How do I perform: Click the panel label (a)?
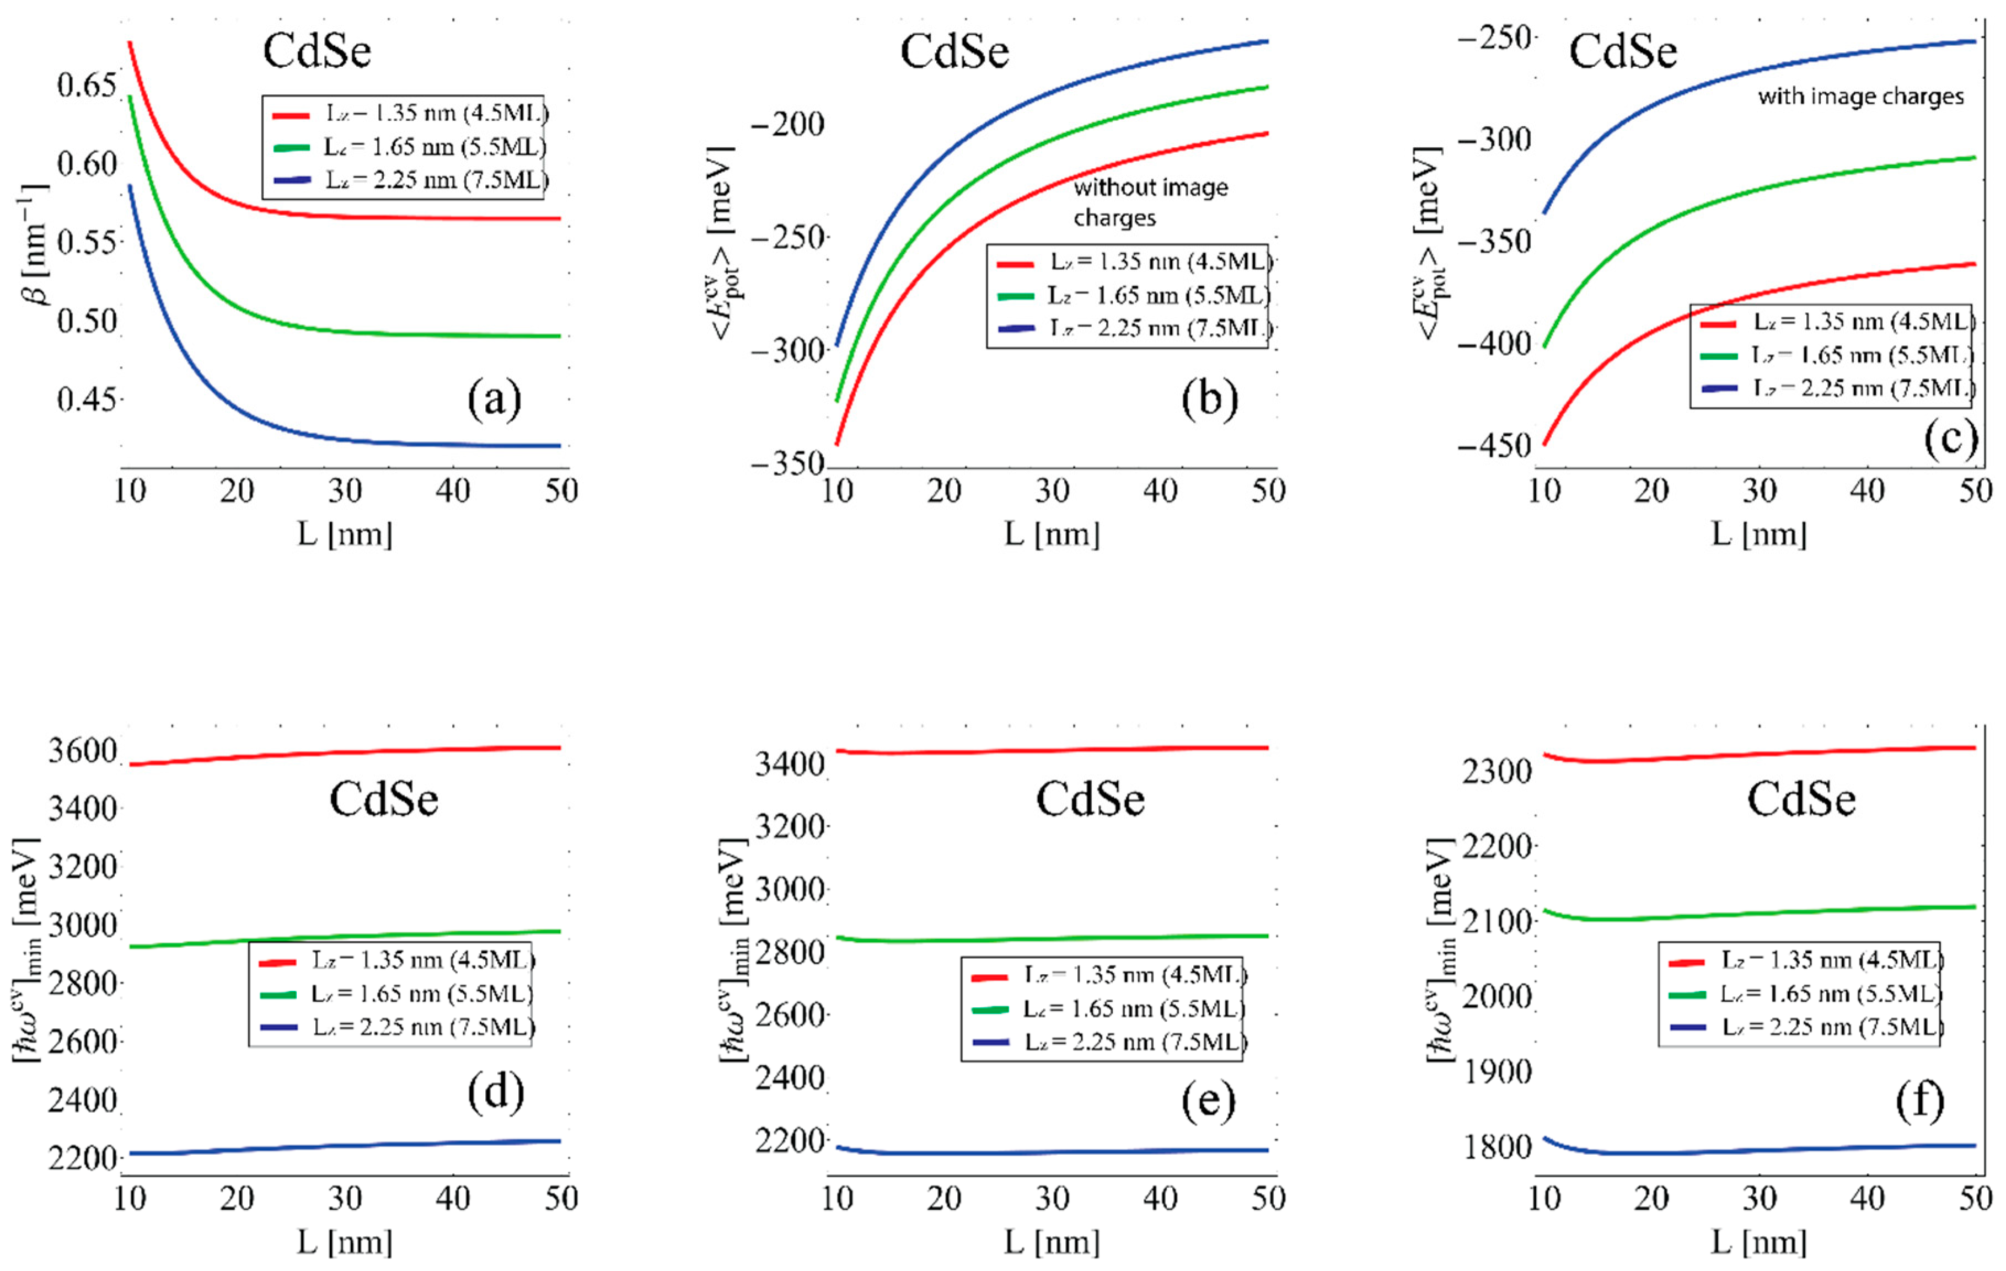click(x=495, y=399)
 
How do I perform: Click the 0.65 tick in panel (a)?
click(x=86, y=85)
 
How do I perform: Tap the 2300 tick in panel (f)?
click(x=1496, y=771)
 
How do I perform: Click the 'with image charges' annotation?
click(x=1860, y=97)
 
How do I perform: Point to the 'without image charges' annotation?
click(x=1150, y=202)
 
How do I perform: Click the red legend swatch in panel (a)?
click(x=291, y=114)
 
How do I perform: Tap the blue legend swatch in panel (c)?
click(x=1719, y=388)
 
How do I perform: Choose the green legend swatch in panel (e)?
click(x=990, y=1010)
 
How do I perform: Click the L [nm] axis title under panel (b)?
click(x=1052, y=533)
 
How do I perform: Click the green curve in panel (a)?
click(x=333, y=329)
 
